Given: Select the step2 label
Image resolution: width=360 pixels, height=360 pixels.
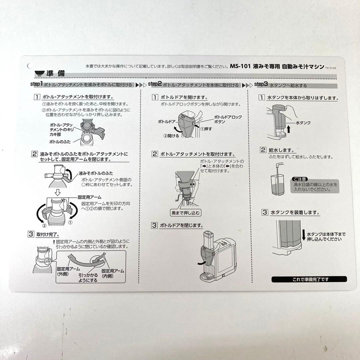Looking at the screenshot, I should coord(154,84).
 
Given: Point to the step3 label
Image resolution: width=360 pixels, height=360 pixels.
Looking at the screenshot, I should coord(261,84).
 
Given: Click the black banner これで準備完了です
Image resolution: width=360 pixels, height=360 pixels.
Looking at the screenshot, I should coord(309,279).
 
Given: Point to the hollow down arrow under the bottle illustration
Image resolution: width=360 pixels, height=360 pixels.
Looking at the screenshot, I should coord(57,192).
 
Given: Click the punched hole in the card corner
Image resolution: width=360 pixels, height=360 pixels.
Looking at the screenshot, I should coord(29,66).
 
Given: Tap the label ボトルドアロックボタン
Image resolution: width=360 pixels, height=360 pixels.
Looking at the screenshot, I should coord(227,119).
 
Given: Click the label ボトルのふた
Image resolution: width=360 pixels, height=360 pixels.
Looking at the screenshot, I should coord(60,142).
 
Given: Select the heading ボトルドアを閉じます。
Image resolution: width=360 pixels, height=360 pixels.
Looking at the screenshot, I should coord(181,225).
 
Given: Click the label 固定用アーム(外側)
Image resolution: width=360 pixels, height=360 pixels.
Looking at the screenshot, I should coord(68,271).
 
